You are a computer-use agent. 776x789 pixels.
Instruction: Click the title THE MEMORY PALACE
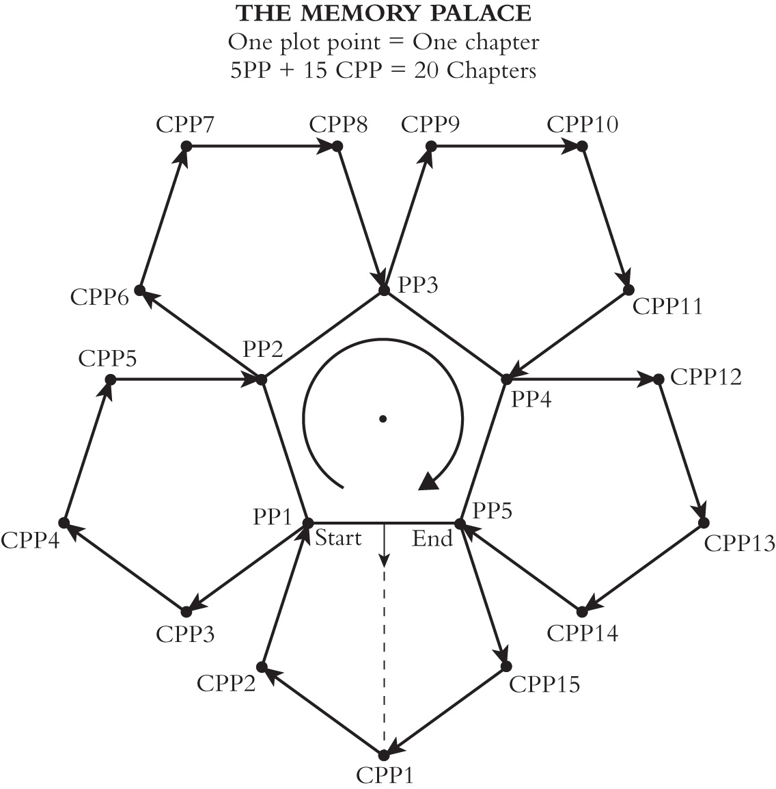(384, 14)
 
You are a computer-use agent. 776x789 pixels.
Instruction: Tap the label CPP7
(185, 124)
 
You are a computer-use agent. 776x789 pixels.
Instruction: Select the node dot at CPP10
(582, 146)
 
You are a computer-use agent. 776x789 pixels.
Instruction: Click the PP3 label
(417, 285)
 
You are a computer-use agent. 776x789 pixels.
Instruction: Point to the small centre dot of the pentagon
(383, 418)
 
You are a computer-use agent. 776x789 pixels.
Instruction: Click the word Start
(338, 538)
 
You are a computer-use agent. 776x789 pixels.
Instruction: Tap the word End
(432, 538)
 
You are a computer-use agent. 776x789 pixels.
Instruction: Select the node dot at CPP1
(383, 755)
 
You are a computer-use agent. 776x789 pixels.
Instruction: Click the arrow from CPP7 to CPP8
(262, 146)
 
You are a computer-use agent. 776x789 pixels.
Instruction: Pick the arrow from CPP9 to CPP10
(506, 146)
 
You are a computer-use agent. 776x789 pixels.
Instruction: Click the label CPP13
(739, 544)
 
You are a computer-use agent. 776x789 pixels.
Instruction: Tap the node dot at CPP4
(64, 523)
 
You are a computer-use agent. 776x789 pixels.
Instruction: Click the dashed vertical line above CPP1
(384, 659)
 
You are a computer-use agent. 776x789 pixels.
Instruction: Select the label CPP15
(544, 684)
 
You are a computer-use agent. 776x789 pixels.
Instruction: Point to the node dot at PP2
(262, 379)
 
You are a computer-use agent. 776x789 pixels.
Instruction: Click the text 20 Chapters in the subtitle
(475, 70)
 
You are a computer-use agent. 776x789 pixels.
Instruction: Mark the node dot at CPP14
(582, 612)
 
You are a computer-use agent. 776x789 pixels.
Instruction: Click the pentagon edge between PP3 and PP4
(445, 334)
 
